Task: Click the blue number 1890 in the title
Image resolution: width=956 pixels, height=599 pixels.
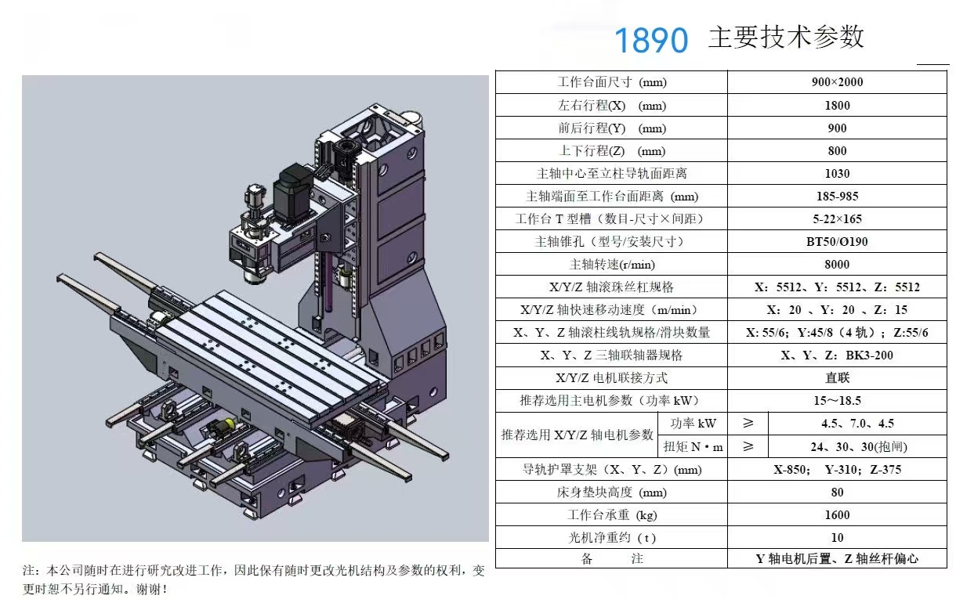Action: pyautogui.click(x=650, y=40)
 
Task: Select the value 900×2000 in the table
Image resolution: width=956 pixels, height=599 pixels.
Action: pyautogui.click(x=837, y=82)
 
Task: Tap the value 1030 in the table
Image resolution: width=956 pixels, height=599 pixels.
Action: pyautogui.click(x=837, y=174)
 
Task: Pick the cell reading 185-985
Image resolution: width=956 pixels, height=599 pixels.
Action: pyautogui.click(x=837, y=197)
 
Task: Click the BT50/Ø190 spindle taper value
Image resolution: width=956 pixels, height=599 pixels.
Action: pyautogui.click(x=837, y=242)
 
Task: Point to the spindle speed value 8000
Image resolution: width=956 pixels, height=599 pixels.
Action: pyautogui.click(x=837, y=265)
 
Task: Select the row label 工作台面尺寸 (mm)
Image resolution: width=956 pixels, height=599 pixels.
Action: pyautogui.click(x=612, y=82)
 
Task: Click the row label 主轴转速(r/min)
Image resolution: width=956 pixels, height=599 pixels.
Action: pyautogui.click(x=612, y=265)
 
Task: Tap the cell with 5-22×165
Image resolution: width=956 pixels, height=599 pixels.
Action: pyautogui.click(x=837, y=219)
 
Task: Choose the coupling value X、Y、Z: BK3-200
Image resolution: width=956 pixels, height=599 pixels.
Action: pyautogui.click(x=837, y=355)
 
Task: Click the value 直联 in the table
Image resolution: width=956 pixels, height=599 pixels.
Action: pyautogui.click(x=837, y=378)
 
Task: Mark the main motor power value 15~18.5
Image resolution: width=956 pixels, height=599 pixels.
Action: pyautogui.click(x=837, y=401)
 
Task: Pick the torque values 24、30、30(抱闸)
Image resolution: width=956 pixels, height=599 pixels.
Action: pyautogui.click(x=858, y=447)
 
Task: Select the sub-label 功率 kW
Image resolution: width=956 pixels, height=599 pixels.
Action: pyautogui.click(x=693, y=424)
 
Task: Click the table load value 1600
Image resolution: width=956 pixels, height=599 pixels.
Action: pyautogui.click(x=837, y=515)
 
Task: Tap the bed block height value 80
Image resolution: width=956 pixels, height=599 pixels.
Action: pyautogui.click(x=837, y=493)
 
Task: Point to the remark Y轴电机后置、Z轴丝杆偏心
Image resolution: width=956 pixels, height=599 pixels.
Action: pyautogui.click(x=837, y=559)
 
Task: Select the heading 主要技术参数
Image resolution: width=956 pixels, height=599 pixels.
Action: pyautogui.click(x=785, y=38)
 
